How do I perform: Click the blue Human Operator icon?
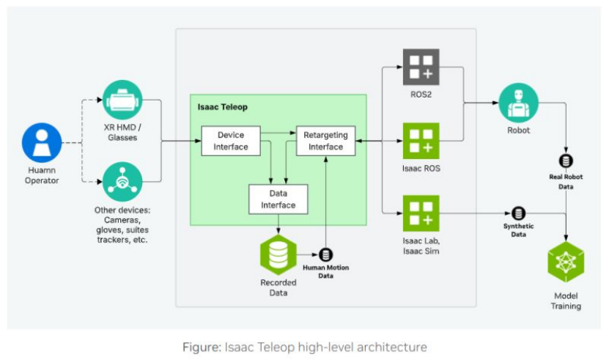pyautogui.click(x=42, y=142)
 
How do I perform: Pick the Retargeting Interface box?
pyautogui.click(x=325, y=141)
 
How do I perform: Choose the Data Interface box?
pyautogui.click(x=278, y=199)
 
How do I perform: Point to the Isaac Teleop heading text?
pyautogui.click(x=222, y=107)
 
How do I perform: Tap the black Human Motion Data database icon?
pyautogui.click(x=326, y=254)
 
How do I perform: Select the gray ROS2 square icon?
pyautogui.click(x=421, y=67)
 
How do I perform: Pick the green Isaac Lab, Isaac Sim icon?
pyautogui.click(x=421, y=213)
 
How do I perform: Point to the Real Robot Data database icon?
pyautogui.click(x=566, y=161)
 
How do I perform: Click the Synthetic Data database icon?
pyautogui.click(x=518, y=213)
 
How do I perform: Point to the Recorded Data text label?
pyautogui.click(x=278, y=287)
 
